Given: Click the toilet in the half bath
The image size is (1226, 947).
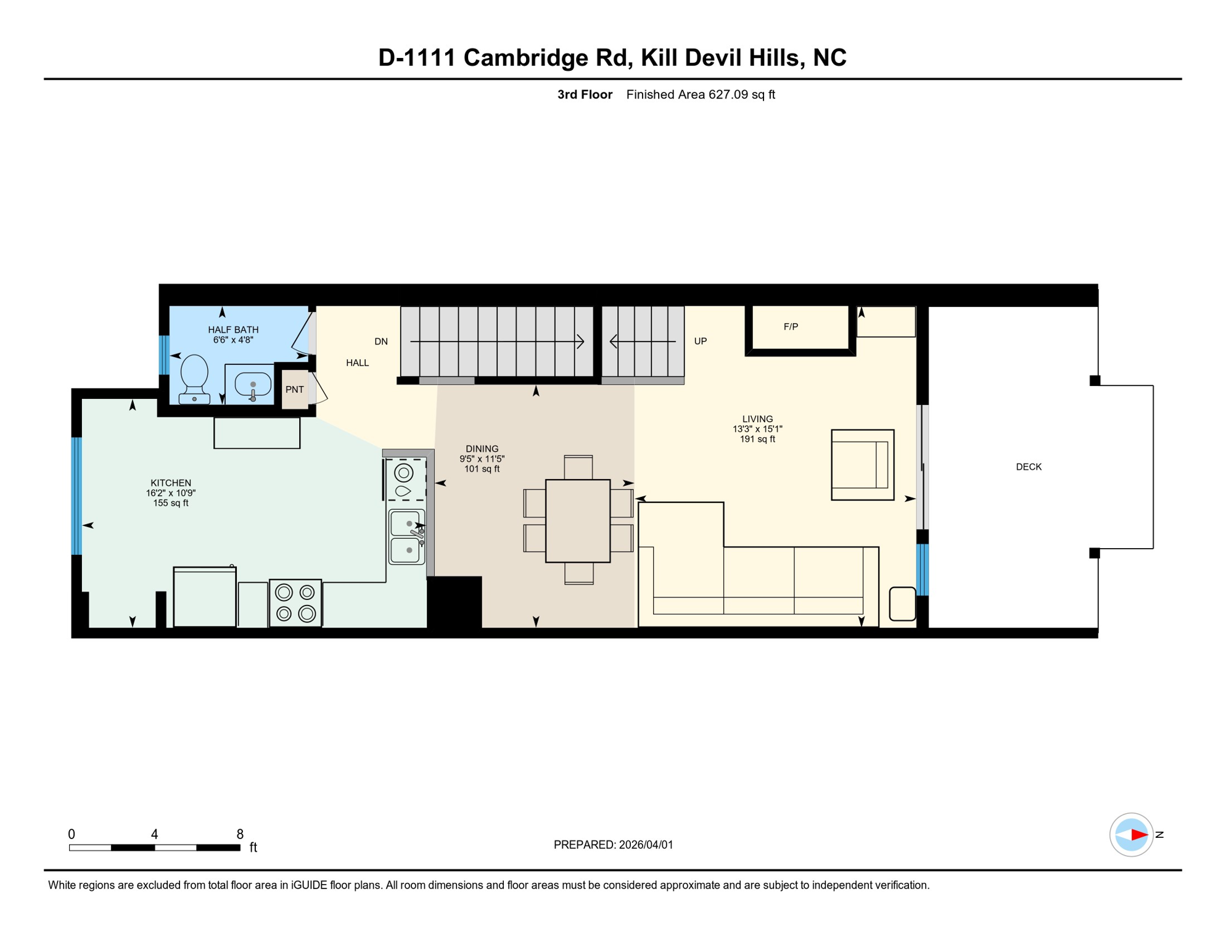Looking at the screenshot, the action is click(x=194, y=379).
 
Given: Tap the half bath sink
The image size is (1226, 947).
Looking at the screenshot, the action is click(x=253, y=385).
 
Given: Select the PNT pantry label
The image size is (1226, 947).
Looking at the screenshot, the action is click(x=295, y=390).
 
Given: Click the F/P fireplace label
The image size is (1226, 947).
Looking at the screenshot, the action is click(x=791, y=327).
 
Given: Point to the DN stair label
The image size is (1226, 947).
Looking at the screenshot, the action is click(x=381, y=342).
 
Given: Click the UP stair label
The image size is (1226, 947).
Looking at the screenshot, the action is click(x=701, y=341).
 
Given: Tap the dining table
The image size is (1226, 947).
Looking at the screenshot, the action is click(x=578, y=521).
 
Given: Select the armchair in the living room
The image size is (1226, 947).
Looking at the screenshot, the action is click(x=863, y=465).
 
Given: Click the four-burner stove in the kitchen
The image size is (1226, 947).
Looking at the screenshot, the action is click(x=295, y=603).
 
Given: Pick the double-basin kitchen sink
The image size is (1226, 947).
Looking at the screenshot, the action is click(x=406, y=537).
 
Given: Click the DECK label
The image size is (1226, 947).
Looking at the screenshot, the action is click(x=1029, y=467).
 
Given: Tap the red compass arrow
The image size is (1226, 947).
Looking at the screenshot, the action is click(x=1139, y=835).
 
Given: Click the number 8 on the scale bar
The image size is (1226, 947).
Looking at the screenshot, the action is click(x=240, y=834).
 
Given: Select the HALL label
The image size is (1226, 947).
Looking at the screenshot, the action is click(x=358, y=363).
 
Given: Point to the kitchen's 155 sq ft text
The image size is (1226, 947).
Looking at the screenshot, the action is click(x=171, y=503).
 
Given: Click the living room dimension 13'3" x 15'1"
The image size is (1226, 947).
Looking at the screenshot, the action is click(x=757, y=429).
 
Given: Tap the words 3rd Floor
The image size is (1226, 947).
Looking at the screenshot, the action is click(x=585, y=94).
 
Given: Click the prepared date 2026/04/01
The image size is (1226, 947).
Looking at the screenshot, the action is click(x=646, y=845).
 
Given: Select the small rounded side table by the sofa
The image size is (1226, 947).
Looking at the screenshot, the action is click(x=902, y=604).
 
